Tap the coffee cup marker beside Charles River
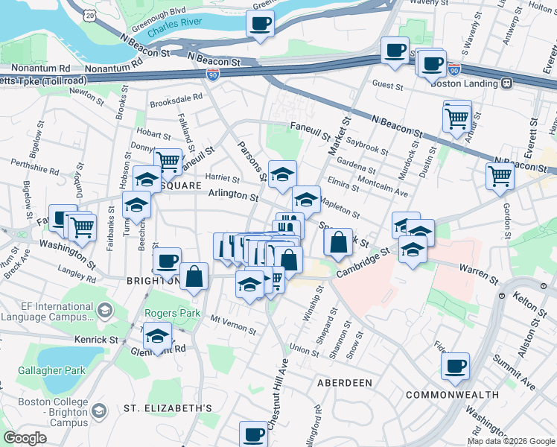pos(260,24)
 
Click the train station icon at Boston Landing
pos(508,83)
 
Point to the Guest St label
pos(388,86)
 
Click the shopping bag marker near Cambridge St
pos(338,242)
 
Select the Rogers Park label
pos(172,314)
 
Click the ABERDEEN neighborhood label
pos(344,382)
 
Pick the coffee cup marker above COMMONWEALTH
pos(455,367)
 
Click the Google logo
pos(25,438)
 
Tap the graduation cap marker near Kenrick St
pos(157,336)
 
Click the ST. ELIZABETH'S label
pos(168,408)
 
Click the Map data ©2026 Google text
pos(510,441)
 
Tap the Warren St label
pos(478,275)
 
